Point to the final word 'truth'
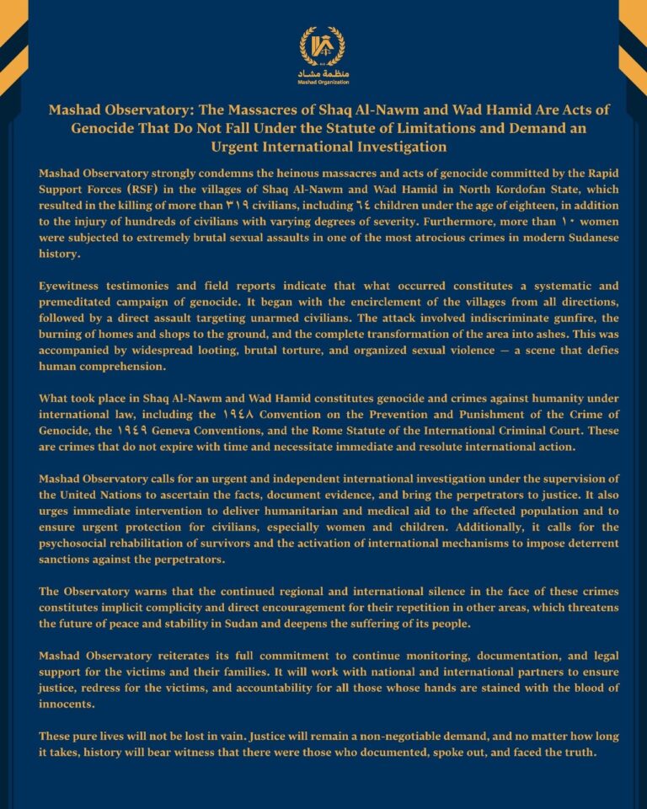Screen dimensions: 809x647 click(x=577, y=751)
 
